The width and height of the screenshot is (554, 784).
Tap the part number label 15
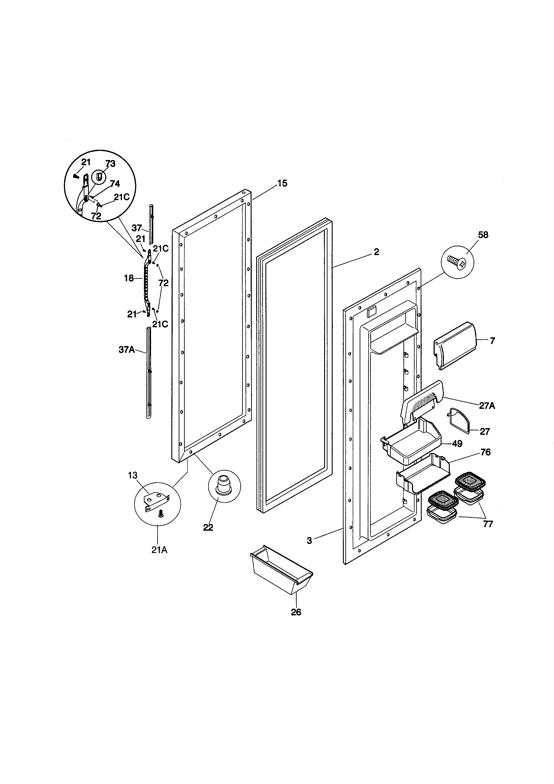(x=282, y=183)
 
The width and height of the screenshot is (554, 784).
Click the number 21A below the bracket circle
(x=159, y=550)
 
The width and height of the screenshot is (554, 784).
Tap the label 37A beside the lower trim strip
(x=127, y=349)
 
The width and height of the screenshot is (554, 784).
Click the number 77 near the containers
(x=488, y=524)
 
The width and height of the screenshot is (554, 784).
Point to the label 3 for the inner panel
(x=309, y=541)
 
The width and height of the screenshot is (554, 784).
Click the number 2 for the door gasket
(x=376, y=252)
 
